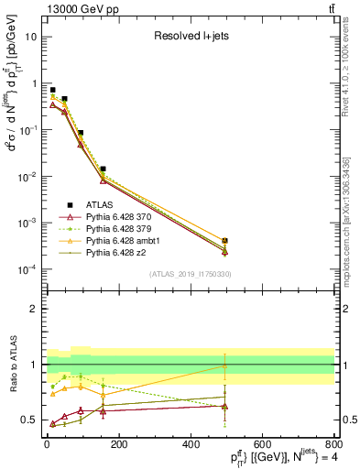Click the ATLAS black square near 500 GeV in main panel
(224, 241)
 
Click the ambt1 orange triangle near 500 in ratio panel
(224, 365)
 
